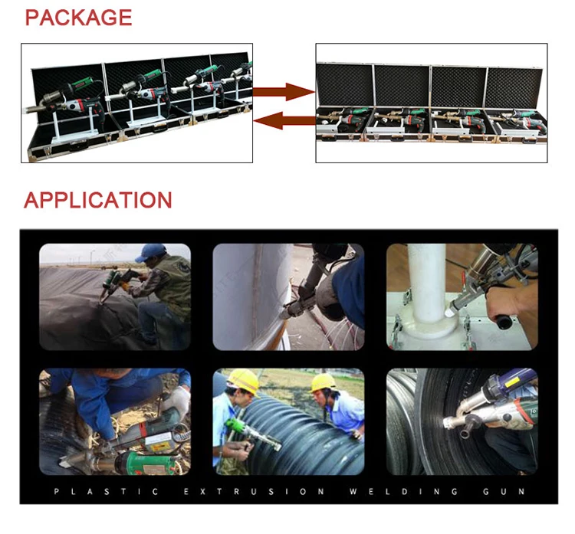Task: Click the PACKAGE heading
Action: [78, 18]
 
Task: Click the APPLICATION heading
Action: [98, 201]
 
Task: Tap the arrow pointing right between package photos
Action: [283, 93]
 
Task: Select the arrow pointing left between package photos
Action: [283, 120]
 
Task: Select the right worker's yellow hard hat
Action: [324, 382]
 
